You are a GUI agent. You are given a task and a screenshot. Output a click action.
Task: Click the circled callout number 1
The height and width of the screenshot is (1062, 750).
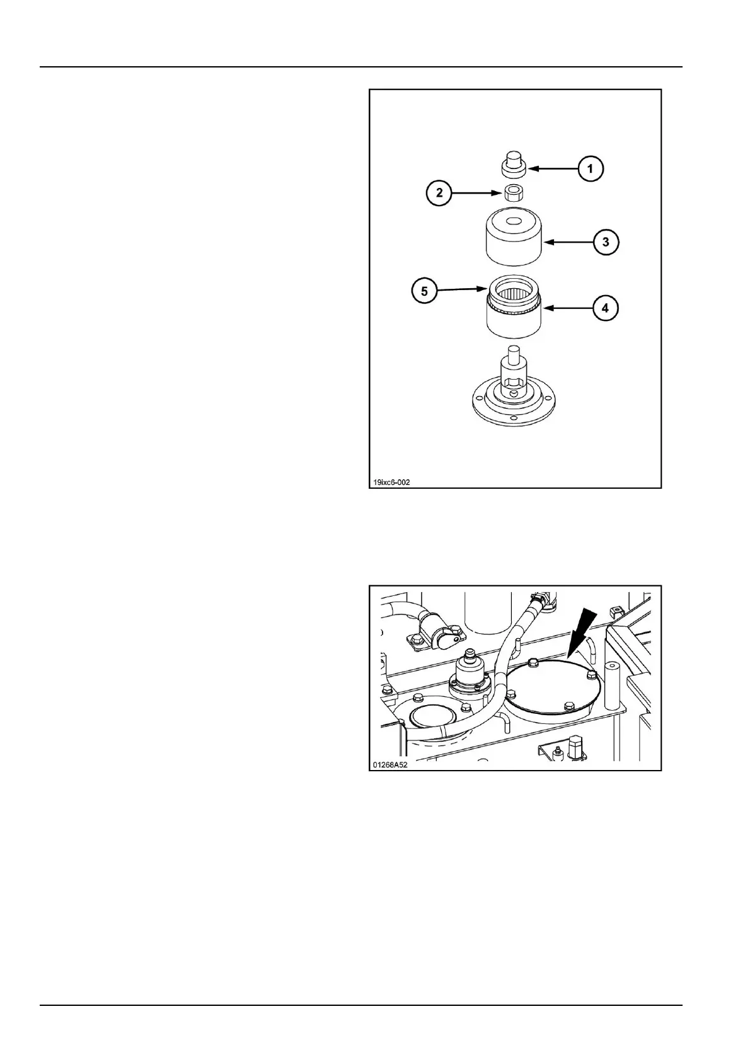(x=590, y=168)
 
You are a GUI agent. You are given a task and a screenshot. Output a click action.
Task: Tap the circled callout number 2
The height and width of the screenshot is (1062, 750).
(x=440, y=193)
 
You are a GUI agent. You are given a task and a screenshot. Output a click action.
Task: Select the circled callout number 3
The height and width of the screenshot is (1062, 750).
(x=606, y=242)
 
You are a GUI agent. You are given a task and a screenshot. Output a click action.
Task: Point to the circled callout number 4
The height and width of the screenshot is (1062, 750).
(x=605, y=308)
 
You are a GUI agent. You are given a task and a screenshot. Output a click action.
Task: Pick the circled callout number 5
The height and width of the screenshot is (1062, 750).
(x=425, y=291)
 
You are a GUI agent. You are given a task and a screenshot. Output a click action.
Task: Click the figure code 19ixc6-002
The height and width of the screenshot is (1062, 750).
(x=391, y=483)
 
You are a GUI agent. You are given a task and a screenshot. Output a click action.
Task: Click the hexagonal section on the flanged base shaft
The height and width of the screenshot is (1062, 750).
(x=513, y=380)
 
